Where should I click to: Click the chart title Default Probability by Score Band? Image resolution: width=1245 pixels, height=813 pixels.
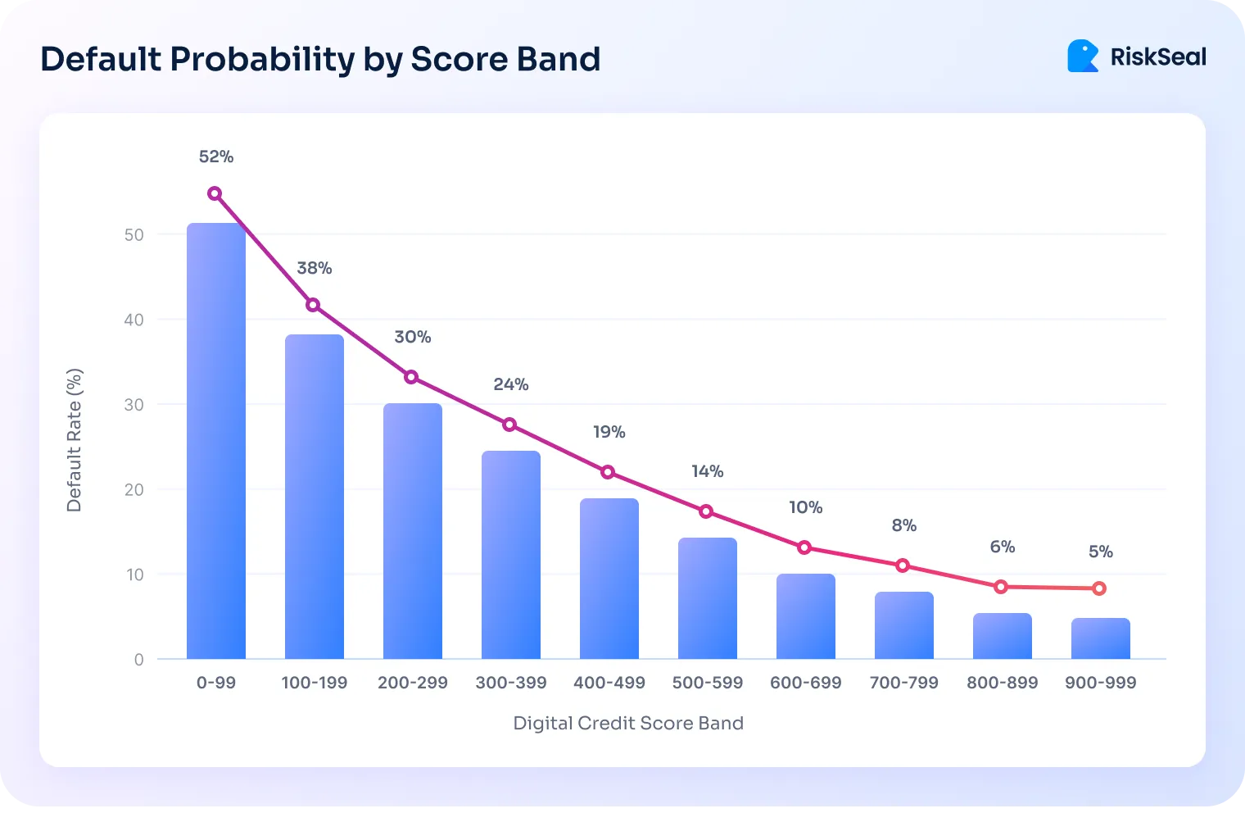tap(320, 60)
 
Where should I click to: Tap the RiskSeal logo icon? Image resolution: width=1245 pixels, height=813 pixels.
tap(1082, 57)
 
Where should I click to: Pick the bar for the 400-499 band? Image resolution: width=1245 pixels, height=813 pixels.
tap(609, 579)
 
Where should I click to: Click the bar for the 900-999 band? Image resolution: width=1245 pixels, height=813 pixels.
tap(1100, 638)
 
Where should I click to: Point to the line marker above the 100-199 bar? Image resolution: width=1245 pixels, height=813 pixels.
tap(313, 305)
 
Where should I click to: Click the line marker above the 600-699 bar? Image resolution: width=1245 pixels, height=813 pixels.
tap(804, 547)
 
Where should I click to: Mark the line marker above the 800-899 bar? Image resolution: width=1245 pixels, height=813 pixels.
tap(1001, 587)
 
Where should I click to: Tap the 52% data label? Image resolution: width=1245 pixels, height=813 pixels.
tap(216, 157)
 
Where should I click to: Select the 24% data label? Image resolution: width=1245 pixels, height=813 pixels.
tap(511, 384)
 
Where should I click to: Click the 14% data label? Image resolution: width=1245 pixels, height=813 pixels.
tap(708, 471)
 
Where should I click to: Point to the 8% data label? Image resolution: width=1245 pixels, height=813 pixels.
tap(904, 525)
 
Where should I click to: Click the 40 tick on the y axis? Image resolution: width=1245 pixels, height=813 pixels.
tap(134, 320)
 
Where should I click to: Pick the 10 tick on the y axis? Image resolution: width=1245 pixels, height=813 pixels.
tap(134, 575)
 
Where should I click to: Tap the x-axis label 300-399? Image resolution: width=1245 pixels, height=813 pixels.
tap(511, 683)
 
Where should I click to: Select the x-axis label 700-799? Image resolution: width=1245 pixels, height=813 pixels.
tap(904, 683)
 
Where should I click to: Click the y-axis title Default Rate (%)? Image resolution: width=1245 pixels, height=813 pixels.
tap(75, 440)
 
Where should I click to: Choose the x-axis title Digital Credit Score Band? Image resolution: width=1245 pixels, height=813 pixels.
tap(628, 723)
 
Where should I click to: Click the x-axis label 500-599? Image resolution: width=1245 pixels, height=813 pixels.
tap(708, 683)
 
